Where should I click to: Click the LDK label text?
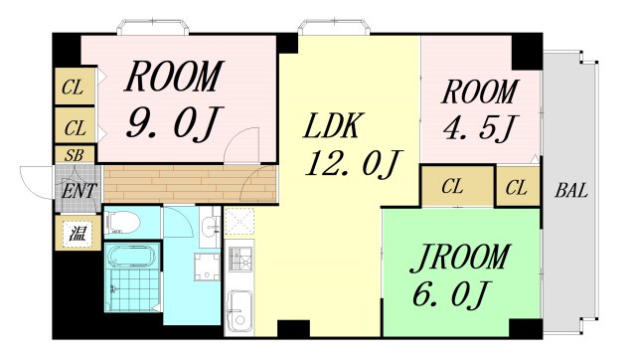coord(332,126)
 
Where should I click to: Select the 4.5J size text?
coord(479,128)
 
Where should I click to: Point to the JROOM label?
coord(459,258)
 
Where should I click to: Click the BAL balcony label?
coord(571,190)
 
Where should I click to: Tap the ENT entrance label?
coord(79,191)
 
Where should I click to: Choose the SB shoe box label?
coord(75,155)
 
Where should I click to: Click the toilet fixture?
coord(122,223)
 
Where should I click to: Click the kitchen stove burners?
coord(239,259)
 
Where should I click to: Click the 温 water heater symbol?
coord(78,233)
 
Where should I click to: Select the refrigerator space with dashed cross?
coord(239,222)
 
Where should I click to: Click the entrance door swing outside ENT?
coord(36,183)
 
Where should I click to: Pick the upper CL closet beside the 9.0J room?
coord(75,87)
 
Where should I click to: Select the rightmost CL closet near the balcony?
coord(517,188)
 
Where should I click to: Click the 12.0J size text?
coord(353,163)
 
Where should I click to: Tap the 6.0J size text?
coord(448,293)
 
